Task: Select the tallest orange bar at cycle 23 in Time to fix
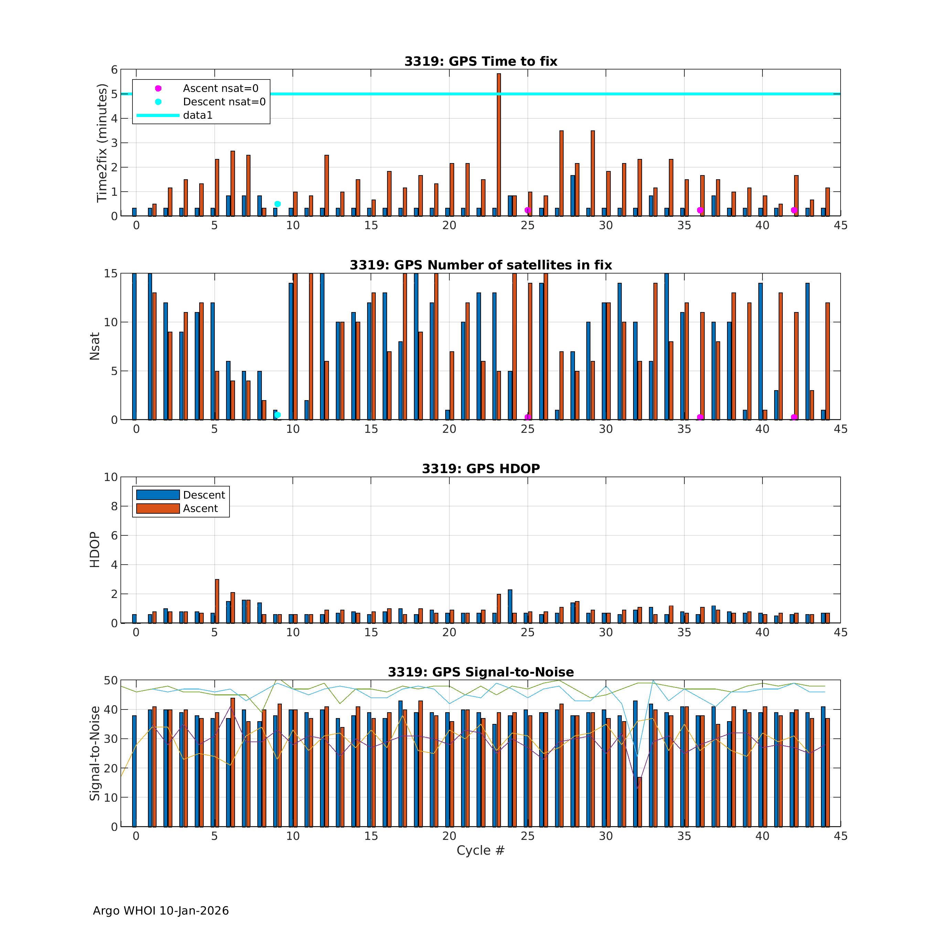click(x=499, y=144)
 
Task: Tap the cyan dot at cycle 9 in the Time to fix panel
click(x=277, y=204)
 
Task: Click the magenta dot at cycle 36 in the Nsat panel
click(x=700, y=417)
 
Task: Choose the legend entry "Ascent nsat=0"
click(x=220, y=88)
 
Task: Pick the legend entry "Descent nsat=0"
click(x=224, y=102)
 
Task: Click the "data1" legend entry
click(x=197, y=115)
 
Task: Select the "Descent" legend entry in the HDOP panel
click(x=204, y=495)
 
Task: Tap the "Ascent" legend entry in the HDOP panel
click(x=200, y=508)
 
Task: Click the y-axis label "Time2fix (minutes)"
click(x=102, y=143)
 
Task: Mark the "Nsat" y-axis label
click(x=95, y=346)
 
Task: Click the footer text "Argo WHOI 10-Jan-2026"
click(x=161, y=911)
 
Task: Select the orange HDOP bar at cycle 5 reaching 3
click(x=217, y=601)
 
